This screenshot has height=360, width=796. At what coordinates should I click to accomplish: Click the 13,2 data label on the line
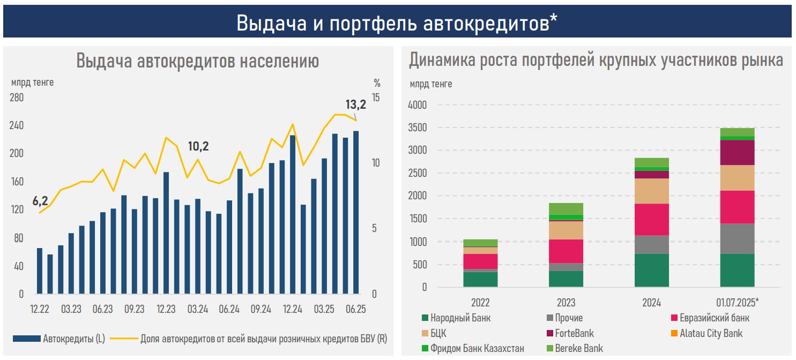pos(355,104)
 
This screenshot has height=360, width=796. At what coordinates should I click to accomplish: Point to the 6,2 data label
pos(40,201)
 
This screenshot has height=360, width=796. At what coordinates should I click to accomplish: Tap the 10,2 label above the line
pos(198,146)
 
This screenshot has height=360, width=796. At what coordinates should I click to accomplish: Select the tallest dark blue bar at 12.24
pos(293,214)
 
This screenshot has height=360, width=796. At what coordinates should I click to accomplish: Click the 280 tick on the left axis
pos(17,97)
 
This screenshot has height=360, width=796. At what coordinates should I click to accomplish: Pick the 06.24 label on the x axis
pos(229,309)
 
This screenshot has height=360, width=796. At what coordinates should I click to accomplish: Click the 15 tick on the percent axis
pos(376,97)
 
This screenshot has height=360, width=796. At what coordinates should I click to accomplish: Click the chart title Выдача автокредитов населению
pos(197,61)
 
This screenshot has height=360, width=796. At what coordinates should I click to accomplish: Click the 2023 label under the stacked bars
pos(566,302)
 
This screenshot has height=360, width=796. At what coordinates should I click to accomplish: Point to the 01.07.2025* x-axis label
pos(737,302)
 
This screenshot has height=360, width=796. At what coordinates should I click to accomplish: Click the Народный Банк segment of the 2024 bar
pos(651,271)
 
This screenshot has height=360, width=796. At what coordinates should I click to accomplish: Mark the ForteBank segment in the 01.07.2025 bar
pos(737,153)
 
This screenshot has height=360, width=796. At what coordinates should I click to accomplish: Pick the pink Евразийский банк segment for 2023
pos(566,251)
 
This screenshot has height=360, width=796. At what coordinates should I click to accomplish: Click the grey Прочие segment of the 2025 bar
pos(737,238)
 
